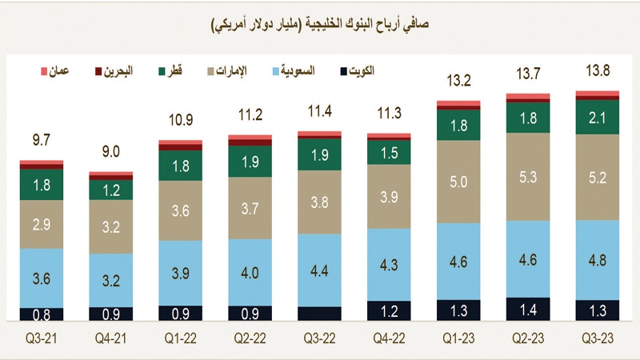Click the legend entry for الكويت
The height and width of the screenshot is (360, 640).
pos(350,72)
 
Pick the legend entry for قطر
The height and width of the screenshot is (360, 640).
pos(164,72)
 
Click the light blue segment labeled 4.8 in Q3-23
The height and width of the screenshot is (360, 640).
pos(598,259)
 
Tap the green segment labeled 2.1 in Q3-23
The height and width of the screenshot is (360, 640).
pos(598,118)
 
